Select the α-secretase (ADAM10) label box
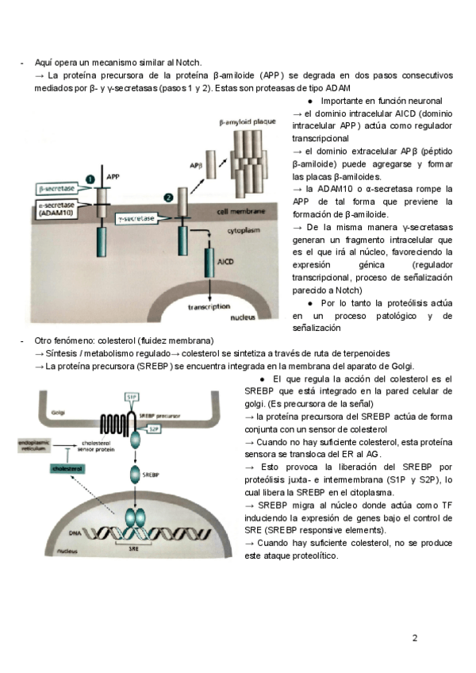click(59, 210)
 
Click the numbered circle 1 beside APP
click(90, 180)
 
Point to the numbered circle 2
click(168, 196)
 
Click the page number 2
click(415, 637)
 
